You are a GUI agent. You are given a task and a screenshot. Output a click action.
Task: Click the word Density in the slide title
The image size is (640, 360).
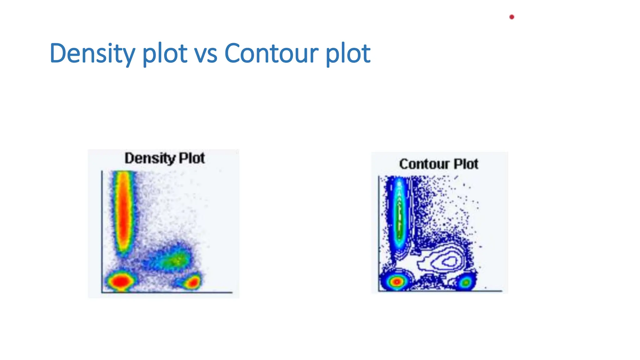[92, 53]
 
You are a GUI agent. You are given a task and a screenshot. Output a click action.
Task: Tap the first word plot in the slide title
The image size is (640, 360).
[165, 53]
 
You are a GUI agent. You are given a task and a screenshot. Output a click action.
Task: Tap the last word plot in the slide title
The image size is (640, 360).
[348, 53]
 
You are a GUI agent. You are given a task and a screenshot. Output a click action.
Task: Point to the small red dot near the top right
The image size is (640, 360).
[512, 17]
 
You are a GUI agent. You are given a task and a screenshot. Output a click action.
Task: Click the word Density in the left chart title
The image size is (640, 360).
[150, 158]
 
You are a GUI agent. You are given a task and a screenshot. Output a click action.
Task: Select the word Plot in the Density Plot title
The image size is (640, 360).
[192, 158]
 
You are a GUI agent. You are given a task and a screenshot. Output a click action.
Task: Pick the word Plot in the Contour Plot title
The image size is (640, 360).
[466, 164]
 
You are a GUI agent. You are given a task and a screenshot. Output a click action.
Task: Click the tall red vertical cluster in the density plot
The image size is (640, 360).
[124, 212]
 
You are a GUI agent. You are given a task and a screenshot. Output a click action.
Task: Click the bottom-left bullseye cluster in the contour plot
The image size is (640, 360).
[397, 282]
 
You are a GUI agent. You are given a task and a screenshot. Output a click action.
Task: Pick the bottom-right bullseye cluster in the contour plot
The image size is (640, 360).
[466, 282]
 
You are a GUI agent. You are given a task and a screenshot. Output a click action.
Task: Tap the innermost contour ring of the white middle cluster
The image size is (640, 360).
[450, 261]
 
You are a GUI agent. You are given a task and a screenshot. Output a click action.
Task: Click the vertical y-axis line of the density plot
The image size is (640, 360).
[102, 231]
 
